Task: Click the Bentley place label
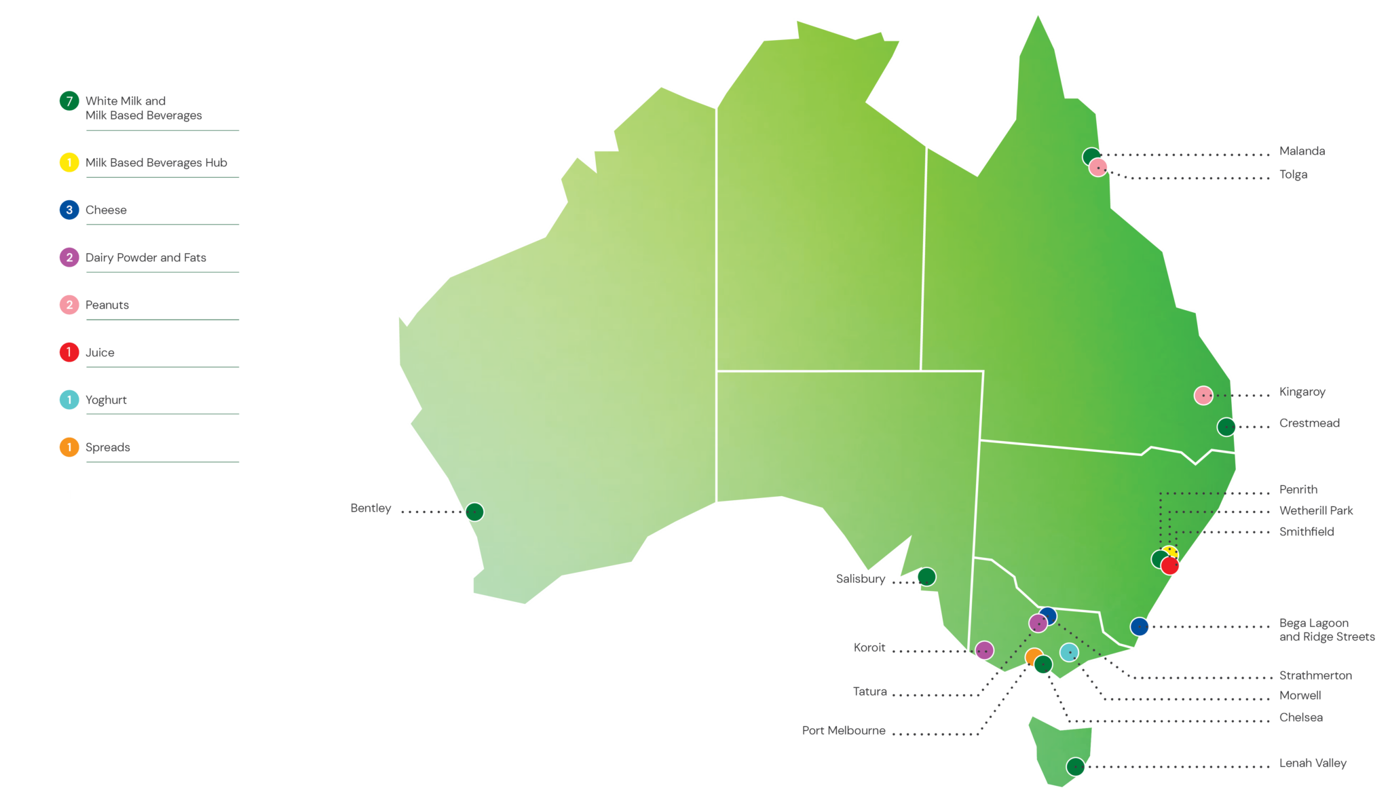tap(371, 508)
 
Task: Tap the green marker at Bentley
tap(474, 512)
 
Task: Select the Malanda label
tap(1302, 151)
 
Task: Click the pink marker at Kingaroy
tap(1203, 395)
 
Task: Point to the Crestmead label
tap(1309, 423)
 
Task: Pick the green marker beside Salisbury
tap(926, 577)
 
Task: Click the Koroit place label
tap(869, 648)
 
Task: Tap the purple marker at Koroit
tap(984, 651)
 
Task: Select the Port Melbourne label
tap(844, 731)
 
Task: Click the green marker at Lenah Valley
tap(1075, 767)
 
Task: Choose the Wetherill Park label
tap(1316, 510)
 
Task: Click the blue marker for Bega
tap(1140, 626)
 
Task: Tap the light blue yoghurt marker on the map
tap(1069, 652)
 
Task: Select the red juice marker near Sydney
tap(1170, 565)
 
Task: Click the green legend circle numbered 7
tap(69, 101)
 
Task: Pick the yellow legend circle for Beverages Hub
tap(69, 163)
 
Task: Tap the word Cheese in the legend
tap(106, 210)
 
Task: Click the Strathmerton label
tap(1315, 676)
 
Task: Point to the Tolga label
tap(1293, 175)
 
